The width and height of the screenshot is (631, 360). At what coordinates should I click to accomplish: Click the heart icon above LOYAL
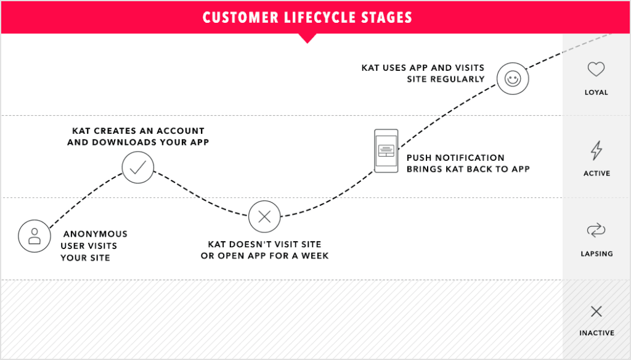click(596, 70)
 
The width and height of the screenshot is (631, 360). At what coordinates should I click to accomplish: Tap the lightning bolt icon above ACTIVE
click(596, 150)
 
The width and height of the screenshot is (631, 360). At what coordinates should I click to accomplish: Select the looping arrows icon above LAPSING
click(596, 231)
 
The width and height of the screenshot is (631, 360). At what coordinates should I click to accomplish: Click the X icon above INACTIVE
click(596, 311)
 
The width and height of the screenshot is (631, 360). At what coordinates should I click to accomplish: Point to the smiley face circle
click(513, 79)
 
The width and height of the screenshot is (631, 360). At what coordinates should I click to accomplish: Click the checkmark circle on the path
click(137, 167)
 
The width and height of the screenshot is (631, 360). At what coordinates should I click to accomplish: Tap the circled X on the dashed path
click(264, 216)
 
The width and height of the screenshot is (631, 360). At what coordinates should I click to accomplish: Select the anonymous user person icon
click(35, 236)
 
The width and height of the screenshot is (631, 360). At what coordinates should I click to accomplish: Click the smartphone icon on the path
click(386, 151)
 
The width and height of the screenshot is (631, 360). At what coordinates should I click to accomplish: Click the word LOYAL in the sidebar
click(596, 92)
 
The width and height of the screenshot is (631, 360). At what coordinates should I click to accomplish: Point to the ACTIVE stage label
click(596, 173)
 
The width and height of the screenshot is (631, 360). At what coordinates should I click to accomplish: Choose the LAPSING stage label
click(596, 253)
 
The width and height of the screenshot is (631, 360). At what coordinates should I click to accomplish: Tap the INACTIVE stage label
click(596, 333)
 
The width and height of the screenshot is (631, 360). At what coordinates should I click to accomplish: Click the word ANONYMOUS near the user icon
click(96, 234)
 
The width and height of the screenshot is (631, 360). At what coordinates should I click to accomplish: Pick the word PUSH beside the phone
click(420, 158)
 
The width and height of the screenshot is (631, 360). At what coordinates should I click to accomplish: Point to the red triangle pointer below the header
click(306, 38)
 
